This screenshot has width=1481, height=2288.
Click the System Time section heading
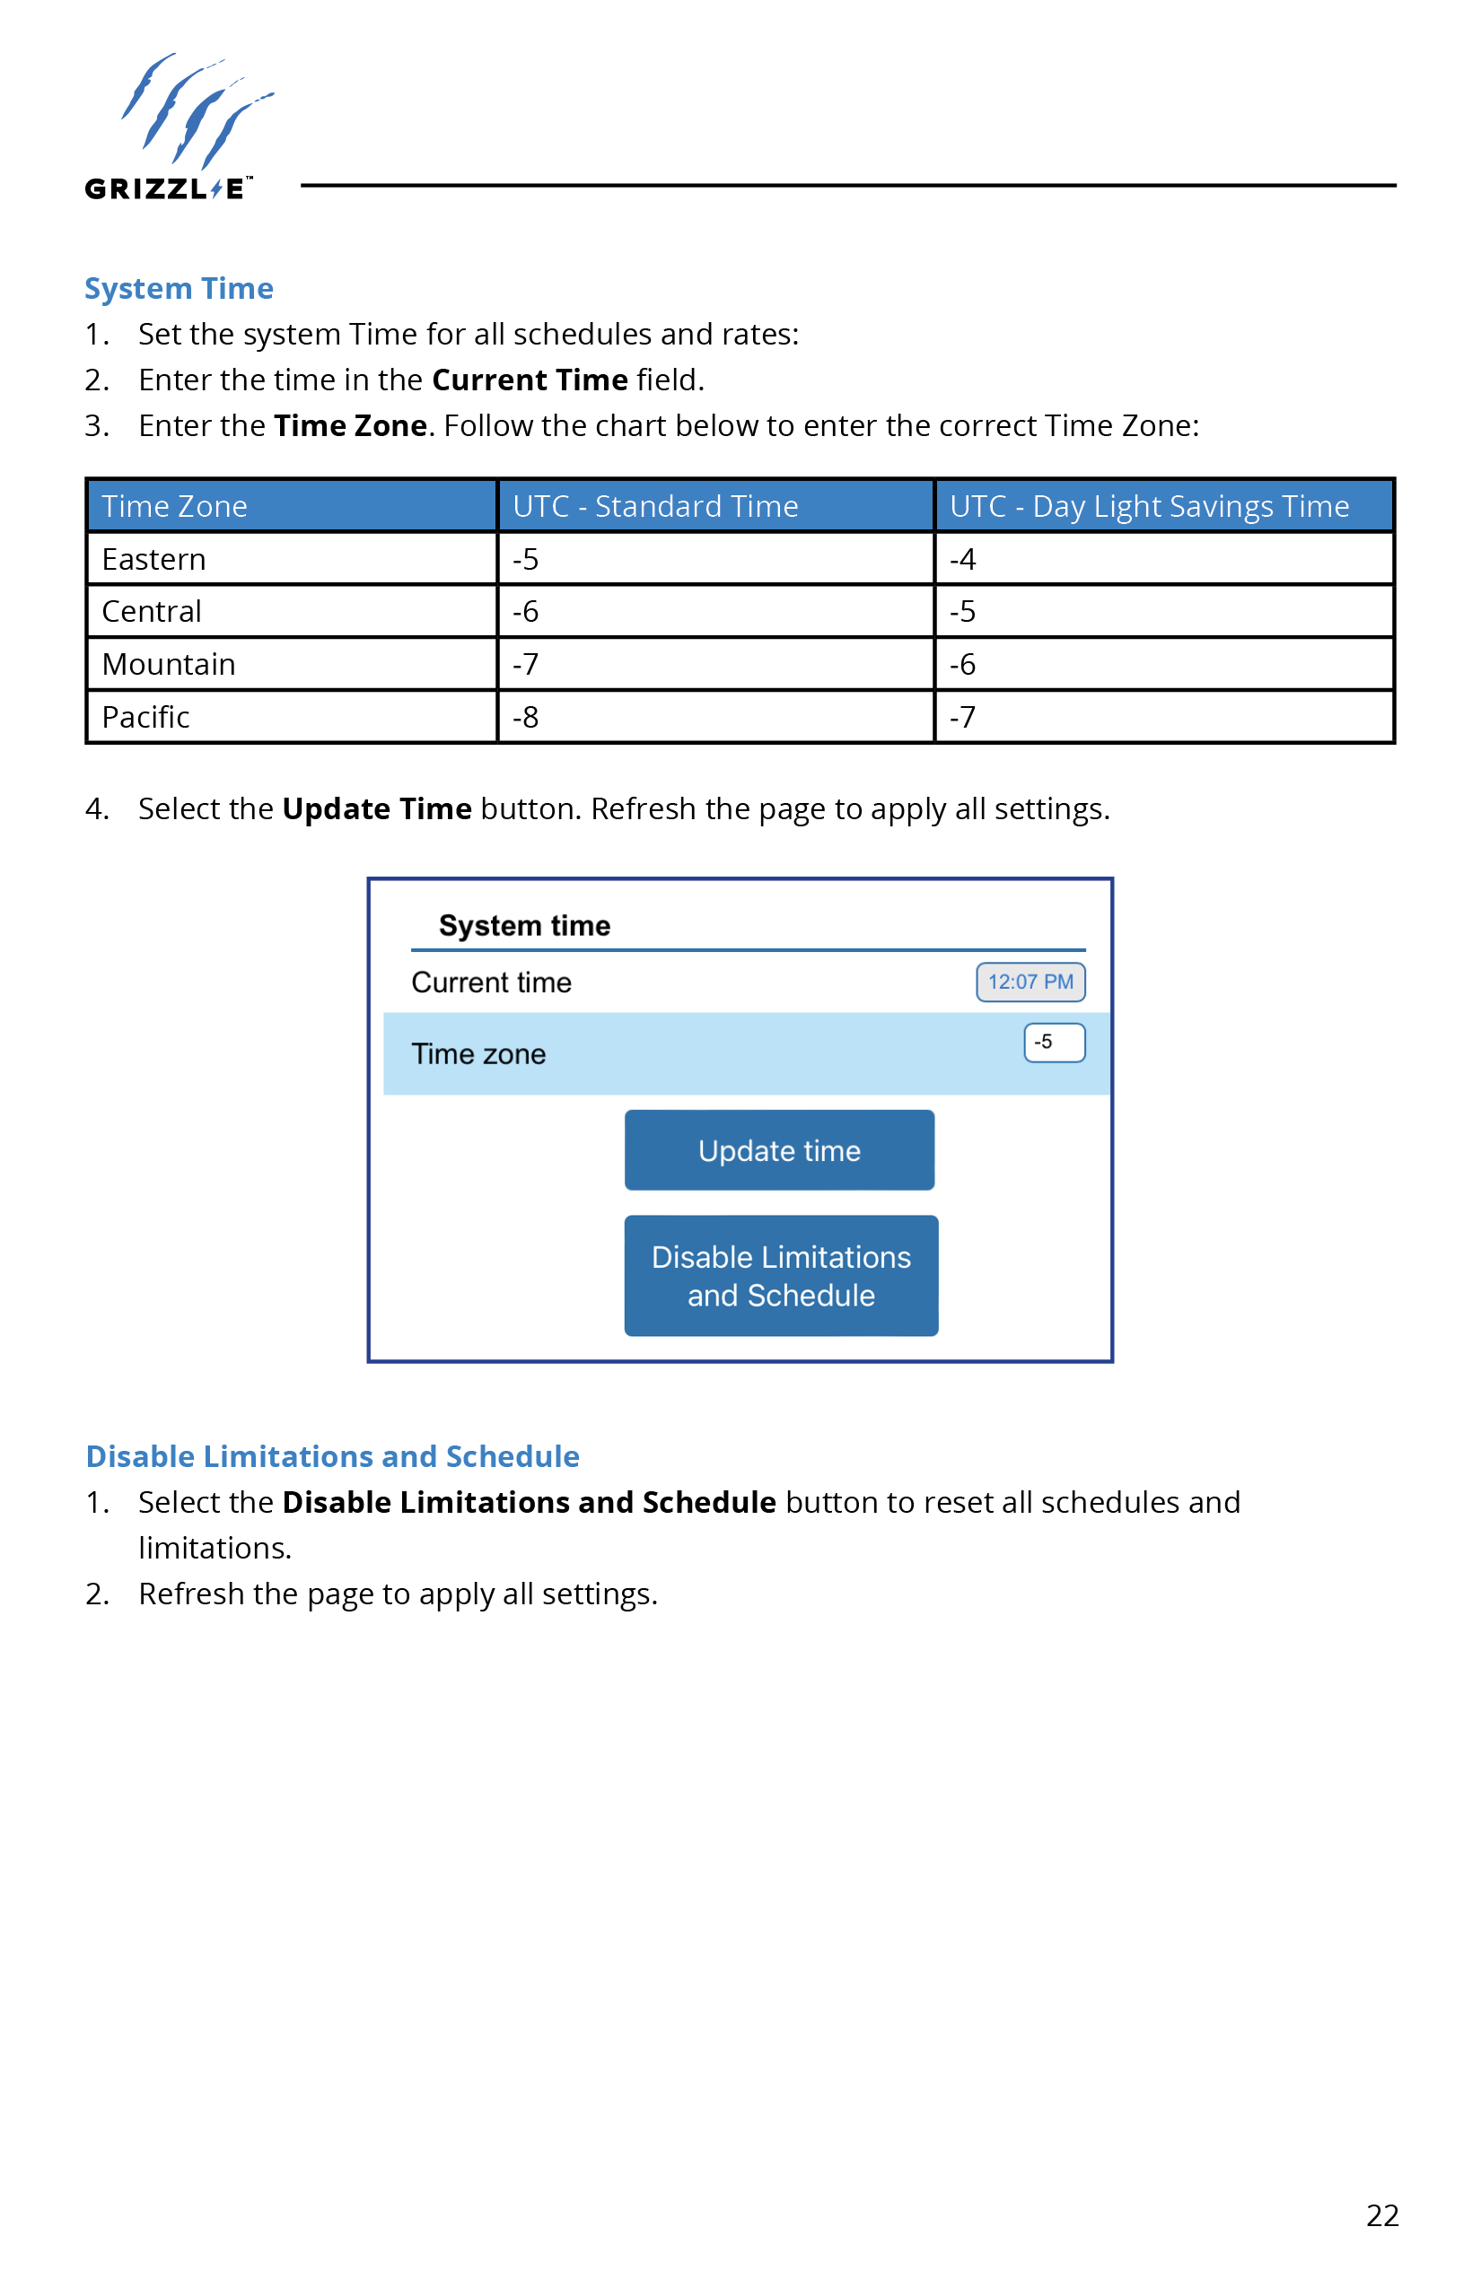click(x=179, y=288)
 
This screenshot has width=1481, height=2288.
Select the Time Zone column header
click(x=175, y=507)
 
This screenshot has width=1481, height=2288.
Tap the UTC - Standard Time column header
click(x=655, y=507)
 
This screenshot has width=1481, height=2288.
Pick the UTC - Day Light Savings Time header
click(x=1149, y=507)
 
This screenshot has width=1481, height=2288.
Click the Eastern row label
click(x=153, y=560)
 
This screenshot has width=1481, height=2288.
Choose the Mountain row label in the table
click(x=169, y=664)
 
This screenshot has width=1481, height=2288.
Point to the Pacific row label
click(x=146, y=717)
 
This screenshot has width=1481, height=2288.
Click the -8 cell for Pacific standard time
click(x=525, y=717)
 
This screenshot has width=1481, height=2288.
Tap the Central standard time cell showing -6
click(x=525, y=611)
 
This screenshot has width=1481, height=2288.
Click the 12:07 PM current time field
click(x=1030, y=982)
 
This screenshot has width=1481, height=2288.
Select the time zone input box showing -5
click(x=1054, y=1043)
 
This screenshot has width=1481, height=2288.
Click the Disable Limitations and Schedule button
click(x=781, y=1276)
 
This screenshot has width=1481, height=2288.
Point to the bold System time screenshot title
click(x=524, y=926)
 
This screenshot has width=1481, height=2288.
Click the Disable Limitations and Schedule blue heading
click(x=333, y=1456)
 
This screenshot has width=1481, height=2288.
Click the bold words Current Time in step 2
click(x=530, y=380)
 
